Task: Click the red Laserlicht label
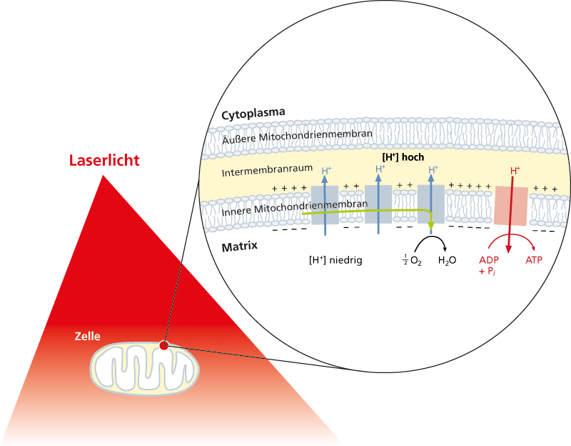coord(103,160)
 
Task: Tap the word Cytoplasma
coord(253,114)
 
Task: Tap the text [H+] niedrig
coord(335,260)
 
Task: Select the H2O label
coord(448,261)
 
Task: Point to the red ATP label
coord(534,260)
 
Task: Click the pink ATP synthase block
coord(511,207)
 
